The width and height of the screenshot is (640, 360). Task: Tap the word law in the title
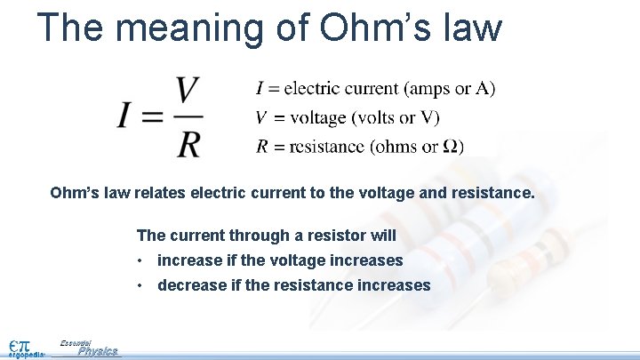coord(470,27)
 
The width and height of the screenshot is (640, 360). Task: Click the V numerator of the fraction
coord(188,90)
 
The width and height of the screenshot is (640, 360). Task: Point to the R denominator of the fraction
coord(188,142)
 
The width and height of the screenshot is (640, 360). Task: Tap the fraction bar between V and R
coord(188,116)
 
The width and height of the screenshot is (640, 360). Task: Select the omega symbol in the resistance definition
coord(452,147)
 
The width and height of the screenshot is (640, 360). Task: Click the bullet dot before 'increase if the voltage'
coord(140,261)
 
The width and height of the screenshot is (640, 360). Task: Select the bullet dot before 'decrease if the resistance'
coord(140,286)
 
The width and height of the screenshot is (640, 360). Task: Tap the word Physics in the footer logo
coord(97,352)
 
